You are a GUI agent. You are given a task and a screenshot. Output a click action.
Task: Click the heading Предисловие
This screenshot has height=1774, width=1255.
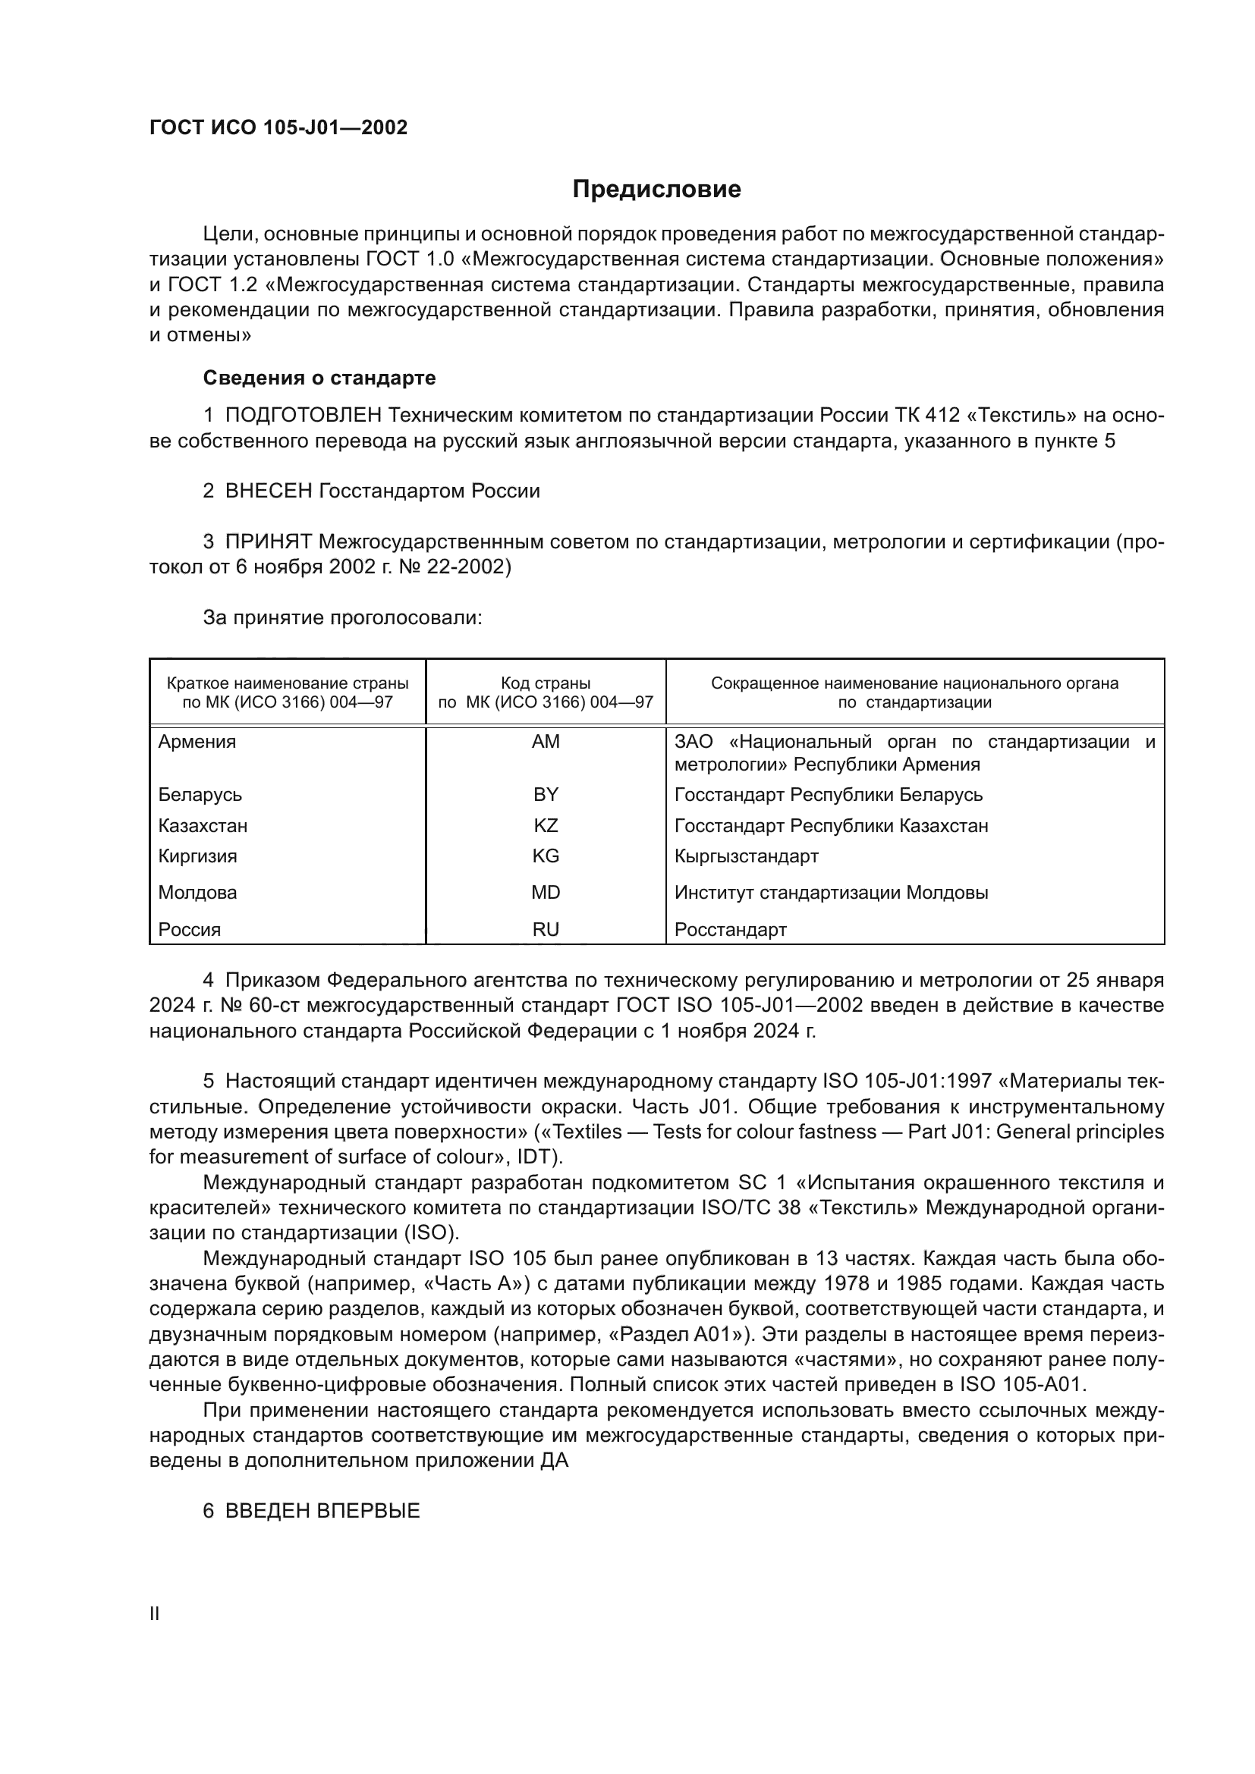[656, 190]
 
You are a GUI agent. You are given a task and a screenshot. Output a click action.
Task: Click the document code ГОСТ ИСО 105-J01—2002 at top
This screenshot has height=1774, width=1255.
[278, 127]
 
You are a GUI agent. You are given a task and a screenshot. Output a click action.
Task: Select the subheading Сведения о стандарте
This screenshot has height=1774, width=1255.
[319, 378]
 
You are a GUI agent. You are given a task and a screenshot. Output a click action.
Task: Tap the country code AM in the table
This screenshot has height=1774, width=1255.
[546, 742]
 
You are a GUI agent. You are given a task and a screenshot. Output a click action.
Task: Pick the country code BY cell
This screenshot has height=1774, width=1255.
[546, 794]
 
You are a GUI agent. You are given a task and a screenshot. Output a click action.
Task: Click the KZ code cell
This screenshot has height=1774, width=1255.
[546, 825]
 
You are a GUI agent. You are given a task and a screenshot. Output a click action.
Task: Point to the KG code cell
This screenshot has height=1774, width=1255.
[546, 856]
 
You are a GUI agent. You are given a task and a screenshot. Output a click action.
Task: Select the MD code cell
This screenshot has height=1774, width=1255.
[546, 893]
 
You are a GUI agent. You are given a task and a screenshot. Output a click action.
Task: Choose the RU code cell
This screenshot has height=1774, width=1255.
[546, 930]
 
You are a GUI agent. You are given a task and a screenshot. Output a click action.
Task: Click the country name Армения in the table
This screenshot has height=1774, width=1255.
[197, 742]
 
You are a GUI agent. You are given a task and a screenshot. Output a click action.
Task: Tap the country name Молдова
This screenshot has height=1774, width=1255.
[197, 893]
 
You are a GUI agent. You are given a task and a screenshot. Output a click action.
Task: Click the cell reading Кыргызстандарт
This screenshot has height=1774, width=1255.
[746, 856]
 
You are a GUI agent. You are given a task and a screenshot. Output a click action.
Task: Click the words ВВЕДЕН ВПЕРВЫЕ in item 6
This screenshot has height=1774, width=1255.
[322, 1511]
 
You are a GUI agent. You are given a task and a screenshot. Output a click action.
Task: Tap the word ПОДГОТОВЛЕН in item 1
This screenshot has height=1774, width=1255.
[303, 416]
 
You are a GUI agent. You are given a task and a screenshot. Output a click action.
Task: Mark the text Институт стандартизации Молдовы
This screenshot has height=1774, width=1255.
[831, 893]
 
